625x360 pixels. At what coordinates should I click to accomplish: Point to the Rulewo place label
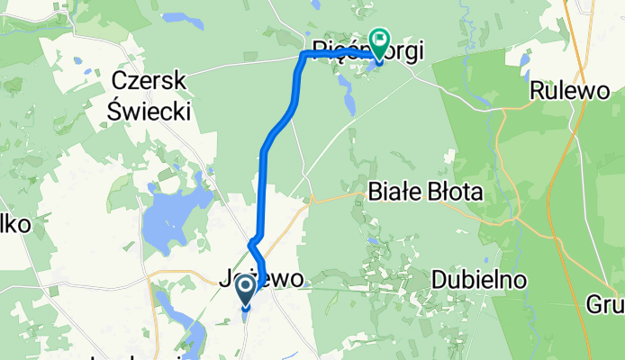565,91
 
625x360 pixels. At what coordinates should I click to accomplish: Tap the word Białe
395,192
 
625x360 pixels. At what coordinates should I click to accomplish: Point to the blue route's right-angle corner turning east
302,56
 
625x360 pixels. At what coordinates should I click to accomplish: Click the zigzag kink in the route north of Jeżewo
253,241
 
